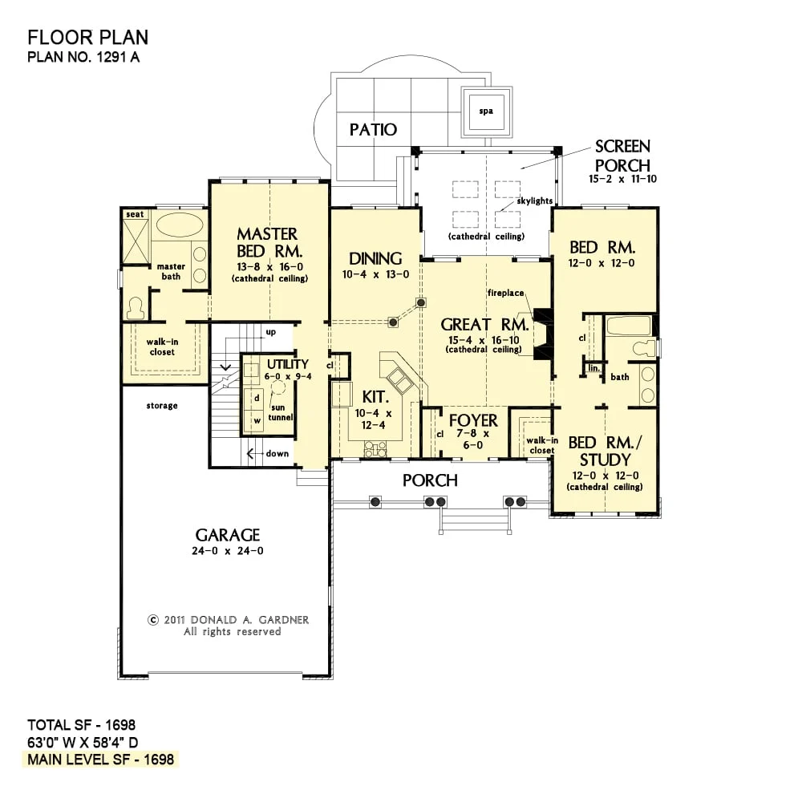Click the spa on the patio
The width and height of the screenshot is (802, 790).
[x=486, y=111]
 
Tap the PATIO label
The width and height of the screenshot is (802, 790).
[x=373, y=129]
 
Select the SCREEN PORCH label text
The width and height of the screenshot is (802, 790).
[x=622, y=156]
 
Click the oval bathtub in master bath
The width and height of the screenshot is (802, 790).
[x=179, y=225]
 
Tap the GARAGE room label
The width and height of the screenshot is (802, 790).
[x=228, y=535]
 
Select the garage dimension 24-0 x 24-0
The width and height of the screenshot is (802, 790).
[x=228, y=551]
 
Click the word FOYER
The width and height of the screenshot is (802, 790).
[x=473, y=420]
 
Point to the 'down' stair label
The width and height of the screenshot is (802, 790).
[x=277, y=453]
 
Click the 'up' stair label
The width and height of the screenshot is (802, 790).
[x=270, y=332]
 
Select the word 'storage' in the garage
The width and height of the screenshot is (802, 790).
[x=162, y=406]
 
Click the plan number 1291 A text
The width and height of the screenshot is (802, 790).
[x=83, y=56]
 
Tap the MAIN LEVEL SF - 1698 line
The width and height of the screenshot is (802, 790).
[x=101, y=760]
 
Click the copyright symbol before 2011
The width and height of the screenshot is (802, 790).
[x=153, y=620]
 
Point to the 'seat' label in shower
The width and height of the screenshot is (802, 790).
[x=135, y=214]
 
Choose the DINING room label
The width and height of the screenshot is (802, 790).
[x=375, y=258]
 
